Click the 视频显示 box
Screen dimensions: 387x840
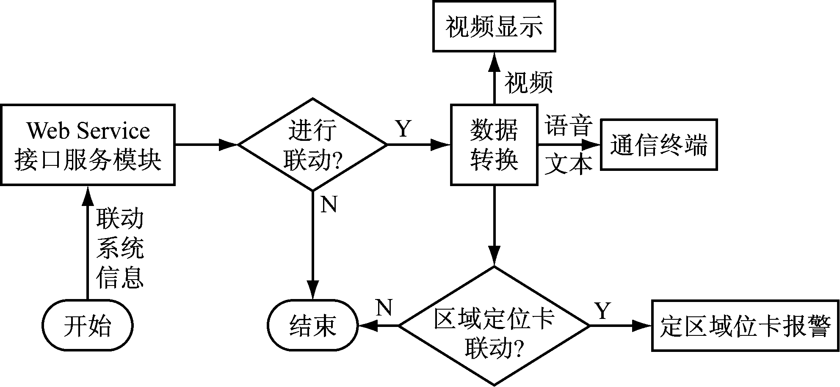494,26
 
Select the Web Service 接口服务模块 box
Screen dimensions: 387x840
88,145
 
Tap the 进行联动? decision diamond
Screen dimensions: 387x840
312,145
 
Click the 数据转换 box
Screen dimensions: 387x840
494,145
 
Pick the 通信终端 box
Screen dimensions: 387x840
658,145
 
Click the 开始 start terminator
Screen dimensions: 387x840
88,326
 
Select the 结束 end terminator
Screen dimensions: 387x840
312,326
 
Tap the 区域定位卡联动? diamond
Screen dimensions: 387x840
494,326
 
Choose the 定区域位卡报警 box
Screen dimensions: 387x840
745,326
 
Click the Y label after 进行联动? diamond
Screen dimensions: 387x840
403,129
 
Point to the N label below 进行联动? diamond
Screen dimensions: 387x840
329,205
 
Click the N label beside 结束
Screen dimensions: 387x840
384,307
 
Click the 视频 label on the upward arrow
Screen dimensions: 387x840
528,82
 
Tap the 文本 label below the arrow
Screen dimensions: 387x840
567,164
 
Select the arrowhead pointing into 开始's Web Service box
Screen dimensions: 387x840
88,195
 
